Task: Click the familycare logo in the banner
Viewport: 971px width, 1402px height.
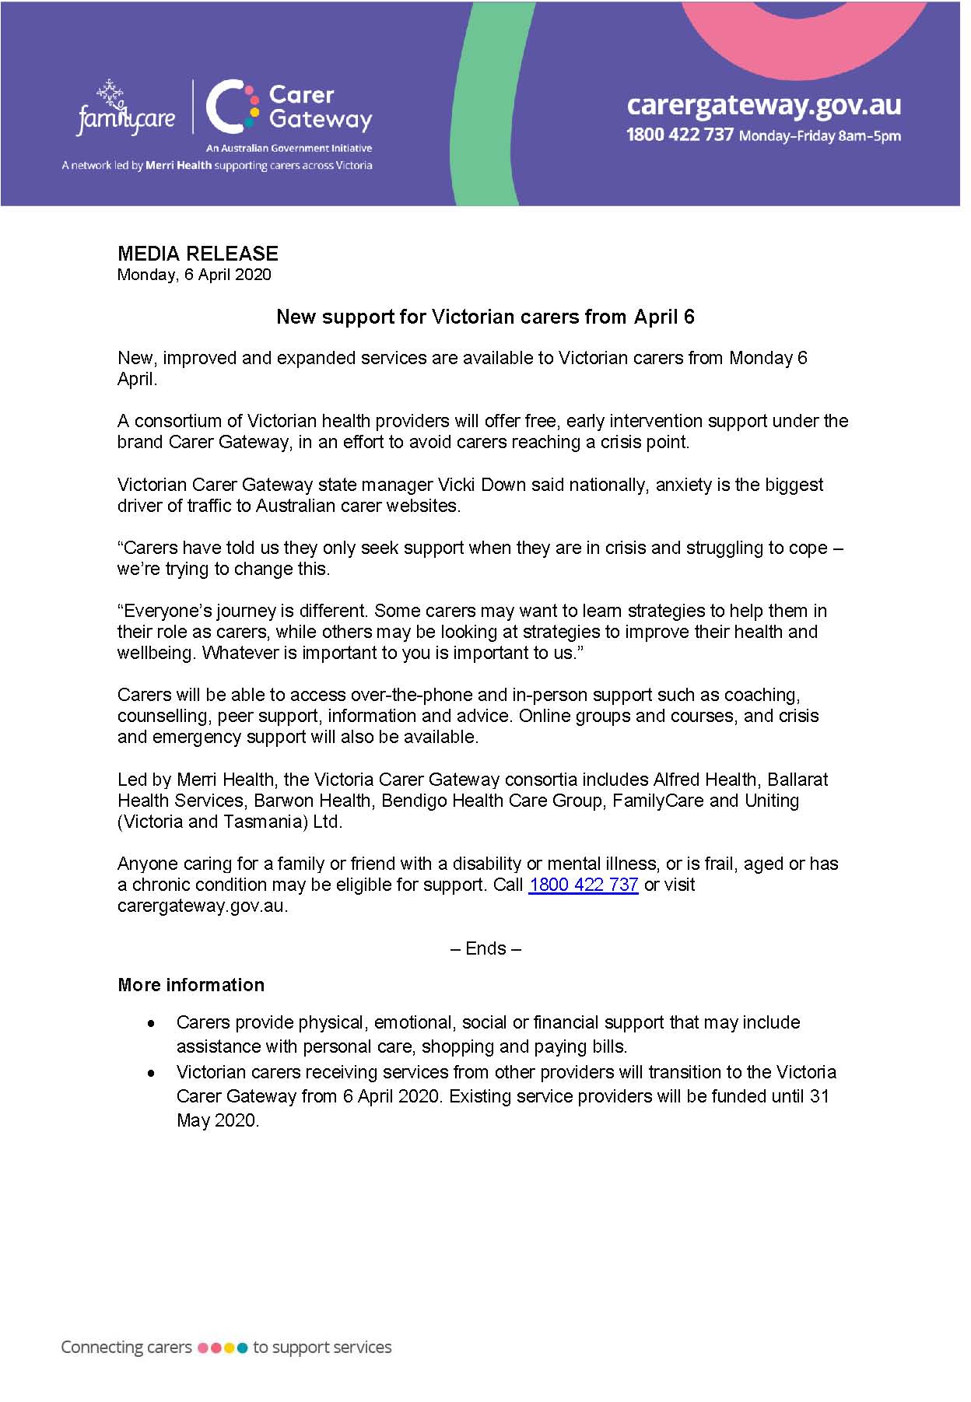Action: coord(125,108)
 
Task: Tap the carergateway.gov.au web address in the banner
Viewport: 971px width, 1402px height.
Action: coord(763,104)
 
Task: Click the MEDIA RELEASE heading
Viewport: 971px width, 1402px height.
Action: coord(198,254)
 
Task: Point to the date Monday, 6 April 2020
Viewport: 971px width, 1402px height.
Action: coord(194,275)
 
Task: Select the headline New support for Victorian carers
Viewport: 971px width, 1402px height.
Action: coord(485,317)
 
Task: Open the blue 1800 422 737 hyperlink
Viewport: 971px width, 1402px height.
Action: coord(583,885)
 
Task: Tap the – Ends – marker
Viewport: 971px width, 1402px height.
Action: coord(485,948)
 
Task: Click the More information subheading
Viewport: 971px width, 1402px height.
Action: coord(191,985)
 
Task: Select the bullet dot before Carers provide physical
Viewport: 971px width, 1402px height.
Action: coord(152,1024)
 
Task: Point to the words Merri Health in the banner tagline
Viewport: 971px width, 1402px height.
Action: coord(178,166)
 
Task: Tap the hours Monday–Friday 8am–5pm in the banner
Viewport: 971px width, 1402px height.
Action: coord(819,136)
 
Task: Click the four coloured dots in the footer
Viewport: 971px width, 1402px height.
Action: coord(223,1348)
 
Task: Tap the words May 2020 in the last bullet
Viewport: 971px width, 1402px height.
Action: coord(217,1121)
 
